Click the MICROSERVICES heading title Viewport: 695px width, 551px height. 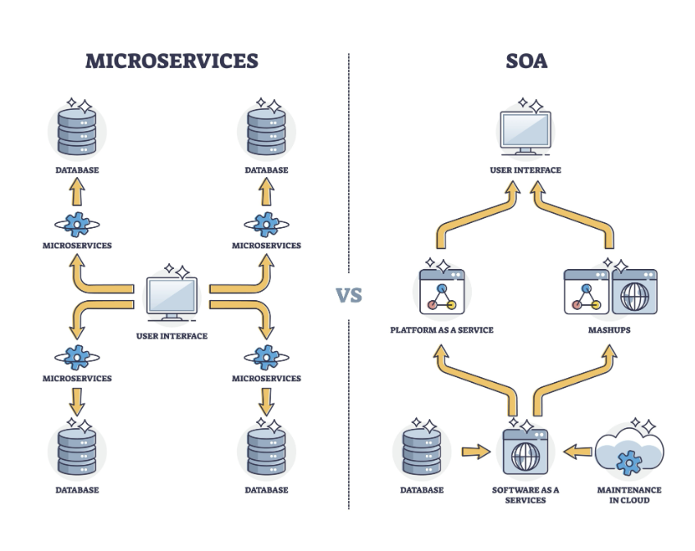pos(171,61)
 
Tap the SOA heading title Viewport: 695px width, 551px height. pos(527,61)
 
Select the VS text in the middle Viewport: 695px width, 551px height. pos(349,295)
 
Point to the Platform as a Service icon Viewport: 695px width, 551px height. pos(442,291)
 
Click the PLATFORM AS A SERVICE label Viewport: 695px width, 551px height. pos(442,330)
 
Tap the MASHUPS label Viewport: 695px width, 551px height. pos(610,330)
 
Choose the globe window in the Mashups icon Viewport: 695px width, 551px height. pos(635,291)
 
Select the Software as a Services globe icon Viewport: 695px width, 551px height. pos(526,452)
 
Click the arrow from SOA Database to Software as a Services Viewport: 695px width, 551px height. pos(476,452)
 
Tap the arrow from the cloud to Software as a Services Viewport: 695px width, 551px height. pos(578,452)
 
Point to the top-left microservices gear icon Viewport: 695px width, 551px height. pos(77,225)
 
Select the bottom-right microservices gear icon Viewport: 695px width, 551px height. pos(267,357)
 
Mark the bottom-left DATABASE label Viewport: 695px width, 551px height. pos(77,490)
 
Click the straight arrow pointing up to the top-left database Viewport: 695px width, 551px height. pos(77,191)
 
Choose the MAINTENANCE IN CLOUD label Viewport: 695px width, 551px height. pos(629,495)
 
